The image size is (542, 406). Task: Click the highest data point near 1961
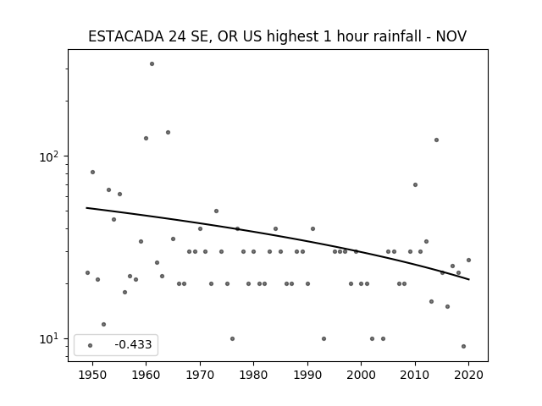[152, 64]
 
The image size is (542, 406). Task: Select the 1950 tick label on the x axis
[92, 375]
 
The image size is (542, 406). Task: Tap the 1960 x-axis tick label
[146, 375]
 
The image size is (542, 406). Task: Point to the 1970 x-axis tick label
[200, 375]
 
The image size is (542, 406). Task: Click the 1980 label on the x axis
[253, 375]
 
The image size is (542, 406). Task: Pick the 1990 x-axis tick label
[307, 375]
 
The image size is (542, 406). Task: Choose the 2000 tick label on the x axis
[362, 375]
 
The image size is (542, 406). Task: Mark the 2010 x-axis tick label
[415, 375]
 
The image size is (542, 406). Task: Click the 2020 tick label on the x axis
[468, 375]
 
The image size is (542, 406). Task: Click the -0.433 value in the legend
[133, 344]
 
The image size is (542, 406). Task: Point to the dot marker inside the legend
[91, 345]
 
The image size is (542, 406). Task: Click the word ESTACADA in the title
[126, 36]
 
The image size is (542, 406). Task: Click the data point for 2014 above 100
[437, 140]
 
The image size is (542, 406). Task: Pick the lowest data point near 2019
[463, 346]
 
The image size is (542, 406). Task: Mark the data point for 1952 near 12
[103, 324]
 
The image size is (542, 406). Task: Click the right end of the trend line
[469, 279]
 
